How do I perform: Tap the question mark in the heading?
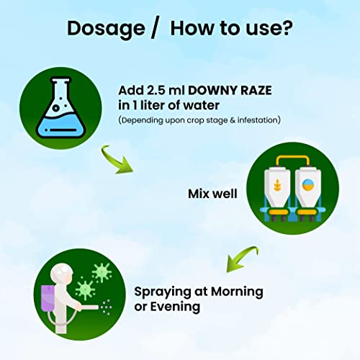point(287,28)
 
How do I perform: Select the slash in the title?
point(155,29)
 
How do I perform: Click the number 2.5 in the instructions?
point(156,91)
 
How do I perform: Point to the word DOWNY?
point(212,91)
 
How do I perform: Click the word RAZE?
point(256,91)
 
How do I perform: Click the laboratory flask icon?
point(60,107)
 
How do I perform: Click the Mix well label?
point(212,194)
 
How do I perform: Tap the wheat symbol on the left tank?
point(277,185)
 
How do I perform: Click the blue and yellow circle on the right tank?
point(307,185)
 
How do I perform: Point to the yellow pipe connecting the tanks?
point(292,158)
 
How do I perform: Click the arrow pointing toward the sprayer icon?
point(241,258)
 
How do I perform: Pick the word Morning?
point(237,292)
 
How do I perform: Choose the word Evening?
point(175,307)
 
